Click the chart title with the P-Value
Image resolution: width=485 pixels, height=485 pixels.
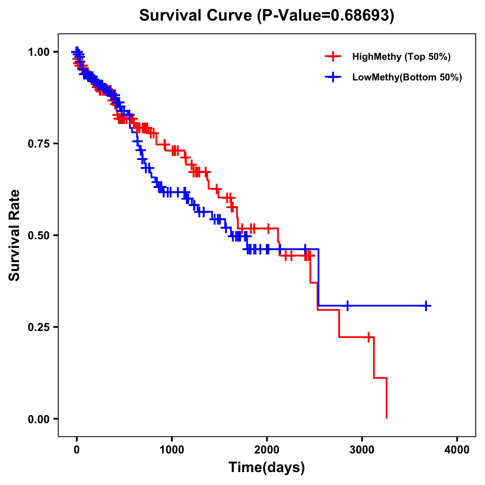point(266,15)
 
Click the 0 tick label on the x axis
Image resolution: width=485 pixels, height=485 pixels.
point(77,450)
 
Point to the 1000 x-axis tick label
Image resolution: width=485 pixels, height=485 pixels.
point(172,450)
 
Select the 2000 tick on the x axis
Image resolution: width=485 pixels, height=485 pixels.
point(267,450)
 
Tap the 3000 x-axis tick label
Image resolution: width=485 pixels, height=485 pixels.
point(362,450)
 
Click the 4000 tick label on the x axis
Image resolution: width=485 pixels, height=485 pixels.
point(457,450)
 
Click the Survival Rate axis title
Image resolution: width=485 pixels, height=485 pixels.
point(15,235)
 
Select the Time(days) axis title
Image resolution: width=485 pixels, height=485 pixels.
point(267,468)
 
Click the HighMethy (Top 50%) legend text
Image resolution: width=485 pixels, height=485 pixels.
point(401,57)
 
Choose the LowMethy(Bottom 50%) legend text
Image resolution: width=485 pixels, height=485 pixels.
point(407,77)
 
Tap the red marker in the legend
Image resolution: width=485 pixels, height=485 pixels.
point(333,57)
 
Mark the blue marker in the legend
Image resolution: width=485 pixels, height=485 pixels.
point(333,77)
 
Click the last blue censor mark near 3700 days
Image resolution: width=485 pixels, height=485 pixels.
point(426,306)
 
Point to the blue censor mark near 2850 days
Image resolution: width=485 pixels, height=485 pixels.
point(347,306)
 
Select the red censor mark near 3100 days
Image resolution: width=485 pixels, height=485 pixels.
point(369,337)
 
